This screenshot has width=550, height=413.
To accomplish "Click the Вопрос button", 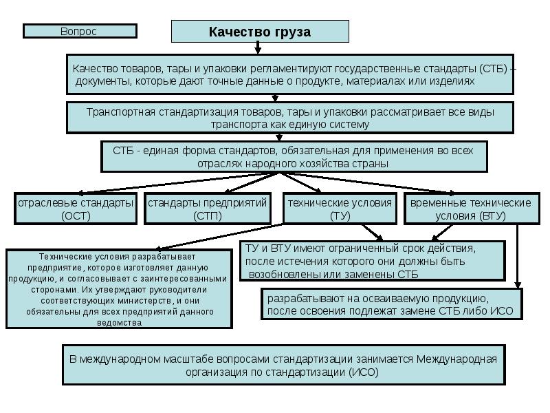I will (x=79, y=31).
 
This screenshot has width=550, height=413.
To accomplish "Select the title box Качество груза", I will (x=259, y=32).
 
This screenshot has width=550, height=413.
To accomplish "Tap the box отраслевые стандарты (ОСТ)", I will (x=75, y=209).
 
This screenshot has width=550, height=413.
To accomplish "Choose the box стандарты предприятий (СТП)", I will (x=207, y=209).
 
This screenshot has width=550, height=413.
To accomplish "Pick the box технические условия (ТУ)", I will (x=340, y=209).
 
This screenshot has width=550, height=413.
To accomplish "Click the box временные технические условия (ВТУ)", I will (x=470, y=209).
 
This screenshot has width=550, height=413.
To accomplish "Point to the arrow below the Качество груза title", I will (x=258, y=47).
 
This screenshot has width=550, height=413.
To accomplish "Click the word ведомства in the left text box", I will (x=120, y=322).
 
